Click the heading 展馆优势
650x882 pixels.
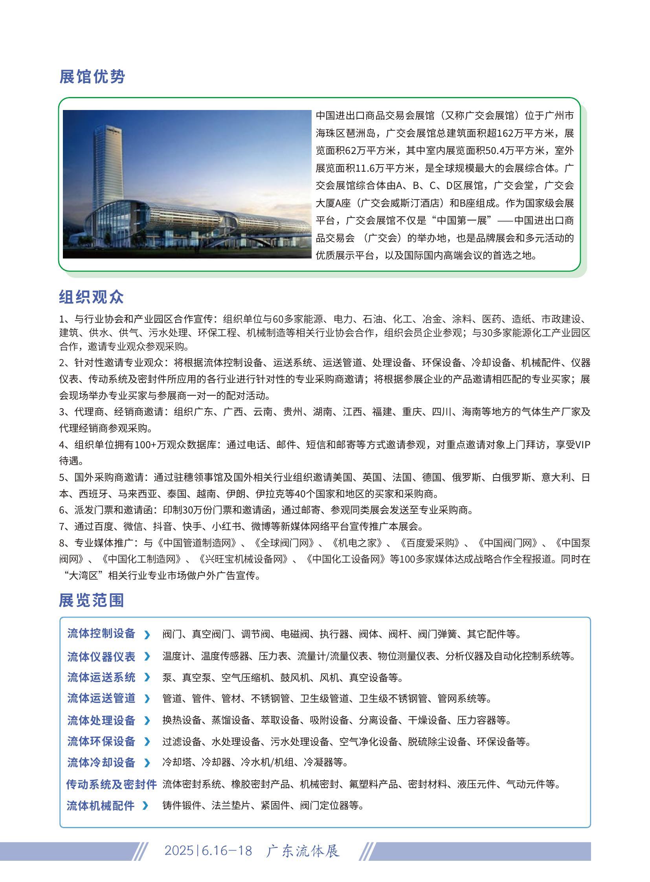coord(92,77)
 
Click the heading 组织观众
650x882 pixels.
coord(91,297)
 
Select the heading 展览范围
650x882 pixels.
coord(91,600)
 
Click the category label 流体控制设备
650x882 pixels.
coord(101,633)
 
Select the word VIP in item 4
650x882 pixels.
coord(583,445)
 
